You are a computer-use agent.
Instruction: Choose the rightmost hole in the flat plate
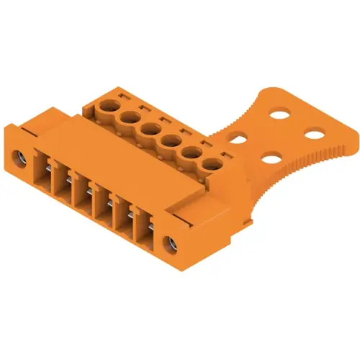tap(313, 133)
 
